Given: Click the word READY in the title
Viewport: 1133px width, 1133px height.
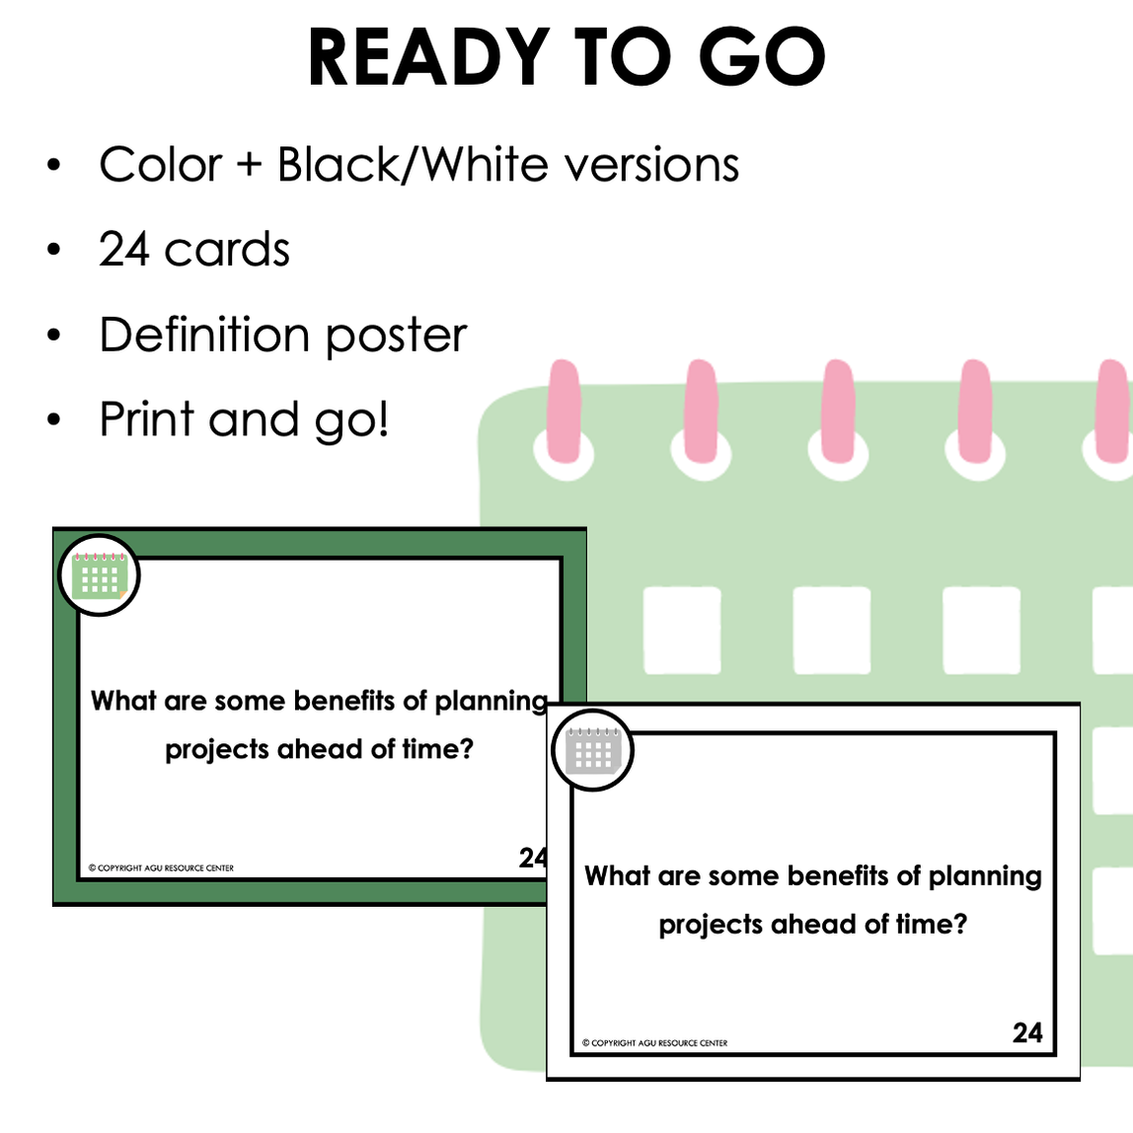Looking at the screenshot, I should coord(428,58).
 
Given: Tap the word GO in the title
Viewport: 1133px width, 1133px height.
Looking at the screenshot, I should coord(762,58).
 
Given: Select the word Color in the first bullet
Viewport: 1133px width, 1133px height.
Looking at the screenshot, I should coord(160,165).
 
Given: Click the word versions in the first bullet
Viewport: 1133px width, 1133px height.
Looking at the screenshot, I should coord(651,165).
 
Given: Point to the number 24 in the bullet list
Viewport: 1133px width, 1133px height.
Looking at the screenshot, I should coord(123,250).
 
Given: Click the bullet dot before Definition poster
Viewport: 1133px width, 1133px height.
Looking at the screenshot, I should coord(54,336).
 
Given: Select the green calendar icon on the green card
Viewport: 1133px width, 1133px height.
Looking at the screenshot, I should coord(100,576).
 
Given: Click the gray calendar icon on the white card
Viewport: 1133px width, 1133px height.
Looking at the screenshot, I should coord(592,751).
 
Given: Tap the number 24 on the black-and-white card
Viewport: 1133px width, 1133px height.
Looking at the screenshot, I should coord(1027,1032).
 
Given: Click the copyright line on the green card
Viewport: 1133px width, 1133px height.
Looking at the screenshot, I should coord(162,869).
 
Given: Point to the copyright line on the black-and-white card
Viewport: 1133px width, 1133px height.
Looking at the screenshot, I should coord(655,1043).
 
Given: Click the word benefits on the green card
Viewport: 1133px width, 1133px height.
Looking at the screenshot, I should coord(346,701).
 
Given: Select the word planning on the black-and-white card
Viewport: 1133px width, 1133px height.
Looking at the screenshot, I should coord(985,877).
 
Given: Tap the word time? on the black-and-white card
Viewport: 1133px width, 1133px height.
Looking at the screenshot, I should coord(931,925).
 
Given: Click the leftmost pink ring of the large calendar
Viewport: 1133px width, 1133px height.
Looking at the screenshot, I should coord(565,412).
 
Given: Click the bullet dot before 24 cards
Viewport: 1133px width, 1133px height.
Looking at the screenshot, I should coord(54,250).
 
